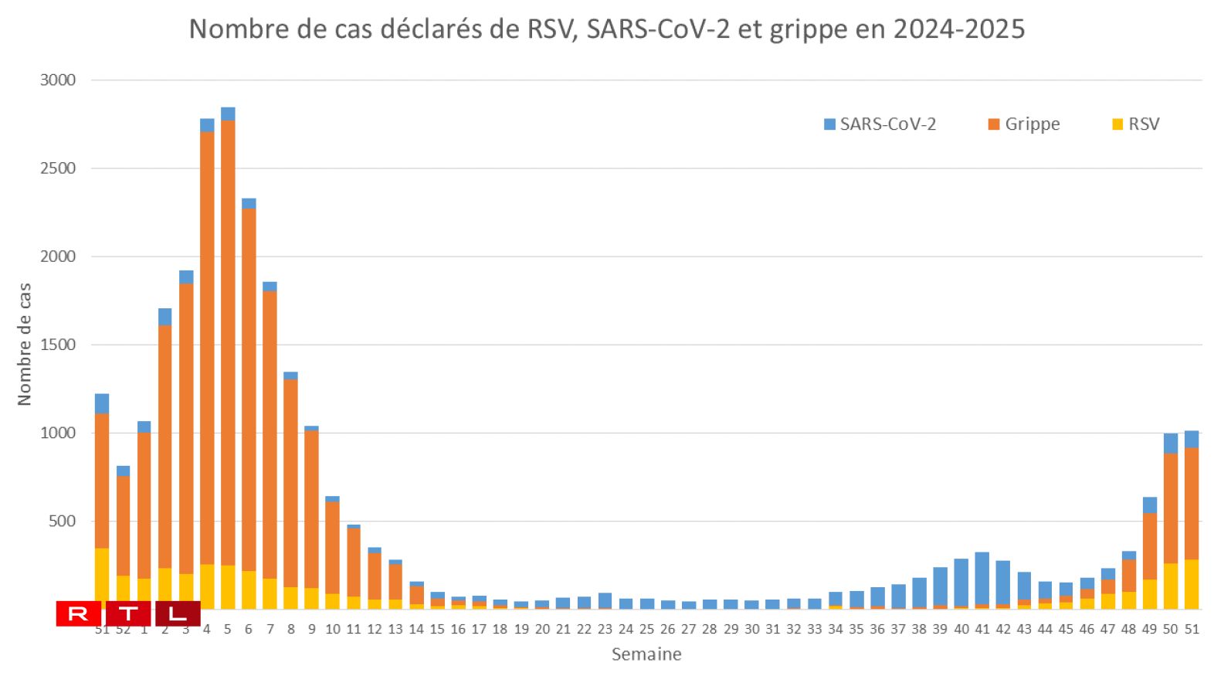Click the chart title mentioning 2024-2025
tap(606, 29)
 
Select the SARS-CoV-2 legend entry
tap(880, 124)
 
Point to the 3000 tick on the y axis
tap(58, 80)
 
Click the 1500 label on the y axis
tap(58, 345)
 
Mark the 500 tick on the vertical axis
tap(62, 522)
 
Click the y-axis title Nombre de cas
tap(25, 344)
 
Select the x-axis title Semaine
tap(646, 654)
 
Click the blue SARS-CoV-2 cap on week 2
tap(165, 317)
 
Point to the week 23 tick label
tap(605, 630)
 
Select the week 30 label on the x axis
tap(751, 630)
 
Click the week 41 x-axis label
tap(982, 630)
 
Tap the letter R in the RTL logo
tap(78, 614)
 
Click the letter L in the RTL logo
tap(178, 614)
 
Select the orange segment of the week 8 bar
tap(291, 483)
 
